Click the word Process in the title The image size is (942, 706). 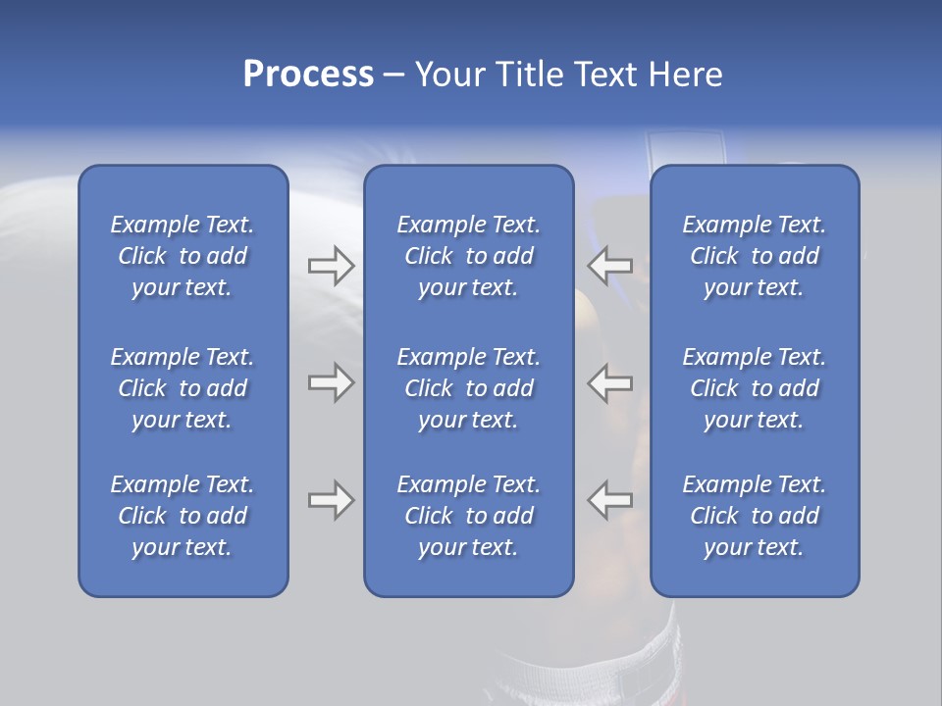(308, 75)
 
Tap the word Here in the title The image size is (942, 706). (685, 75)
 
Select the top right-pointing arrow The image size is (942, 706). (331, 266)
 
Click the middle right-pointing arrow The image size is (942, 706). (331, 383)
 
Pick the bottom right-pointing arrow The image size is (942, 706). (331, 500)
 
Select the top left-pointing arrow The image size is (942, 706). (610, 266)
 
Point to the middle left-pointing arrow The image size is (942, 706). (610, 383)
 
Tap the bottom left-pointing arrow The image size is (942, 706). (610, 500)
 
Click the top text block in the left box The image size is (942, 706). (183, 256)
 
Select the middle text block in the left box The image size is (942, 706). (183, 388)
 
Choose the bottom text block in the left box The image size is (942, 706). (183, 516)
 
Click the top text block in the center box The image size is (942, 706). (469, 256)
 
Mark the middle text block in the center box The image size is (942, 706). (469, 388)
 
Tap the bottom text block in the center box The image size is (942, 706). (469, 516)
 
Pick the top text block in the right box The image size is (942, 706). (755, 256)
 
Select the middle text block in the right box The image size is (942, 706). (755, 388)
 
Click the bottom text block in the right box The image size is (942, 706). (755, 516)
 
